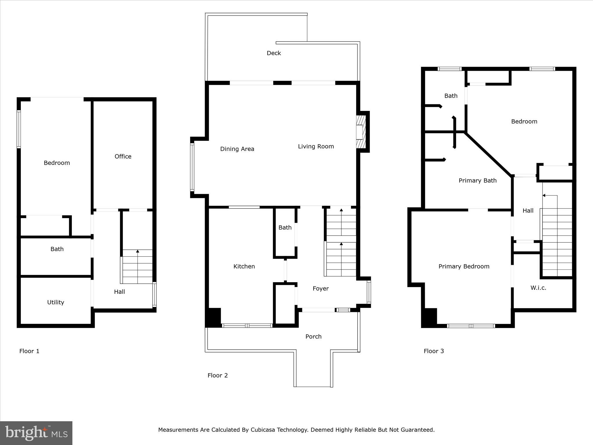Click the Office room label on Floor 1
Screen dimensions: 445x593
coord(123,156)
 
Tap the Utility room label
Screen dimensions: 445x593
coord(56,302)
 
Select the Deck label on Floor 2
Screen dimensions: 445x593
coord(274,53)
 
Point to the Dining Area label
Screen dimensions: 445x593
coord(237,149)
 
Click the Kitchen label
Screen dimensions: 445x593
coord(244,266)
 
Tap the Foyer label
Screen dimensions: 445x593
coord(321,289)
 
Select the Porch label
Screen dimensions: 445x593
coord(313,336)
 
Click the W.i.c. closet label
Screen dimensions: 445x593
coord(538,288)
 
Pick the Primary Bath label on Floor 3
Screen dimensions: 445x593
coord(477,180)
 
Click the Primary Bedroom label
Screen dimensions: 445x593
coord(464,266)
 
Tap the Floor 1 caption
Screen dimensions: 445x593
coord(29,351)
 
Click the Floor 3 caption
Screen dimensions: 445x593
coord(433,351)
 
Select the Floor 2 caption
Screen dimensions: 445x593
coord(217,375)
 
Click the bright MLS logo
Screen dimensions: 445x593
coord(36,433)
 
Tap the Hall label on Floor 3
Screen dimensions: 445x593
coord(528,211)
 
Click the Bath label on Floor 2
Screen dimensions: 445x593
coord(285,227)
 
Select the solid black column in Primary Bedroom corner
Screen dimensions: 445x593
coord(429,318)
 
